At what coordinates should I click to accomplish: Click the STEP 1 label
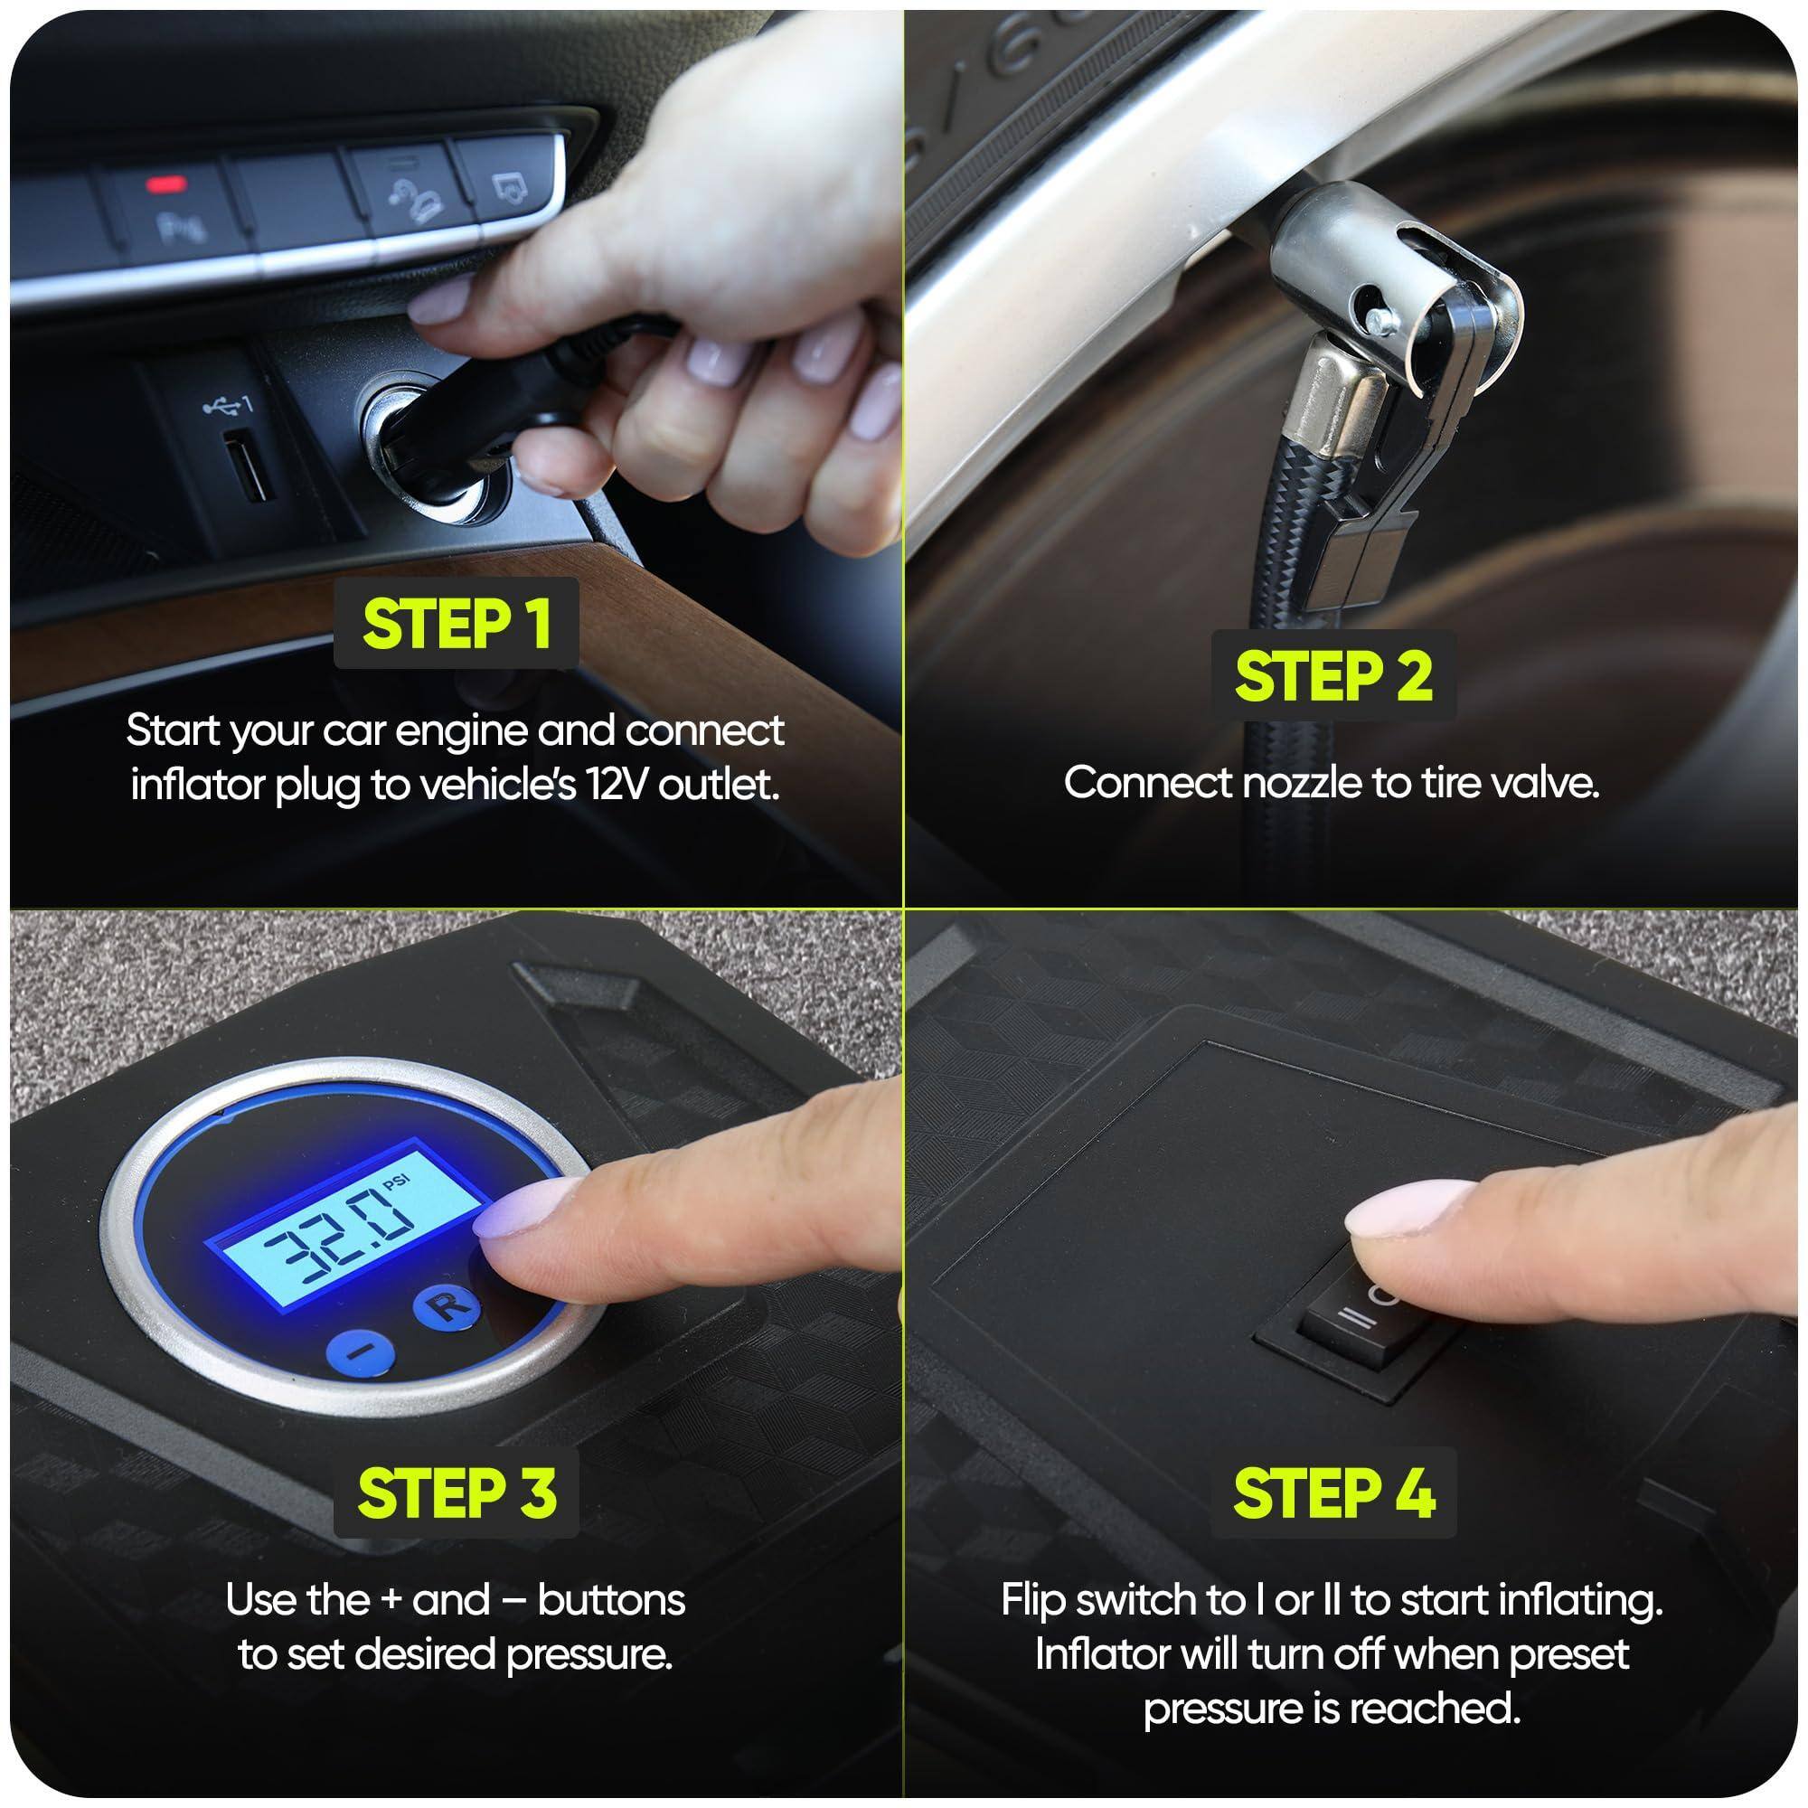(x=456, y=624)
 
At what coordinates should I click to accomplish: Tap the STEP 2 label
(x=1332, y=675)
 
